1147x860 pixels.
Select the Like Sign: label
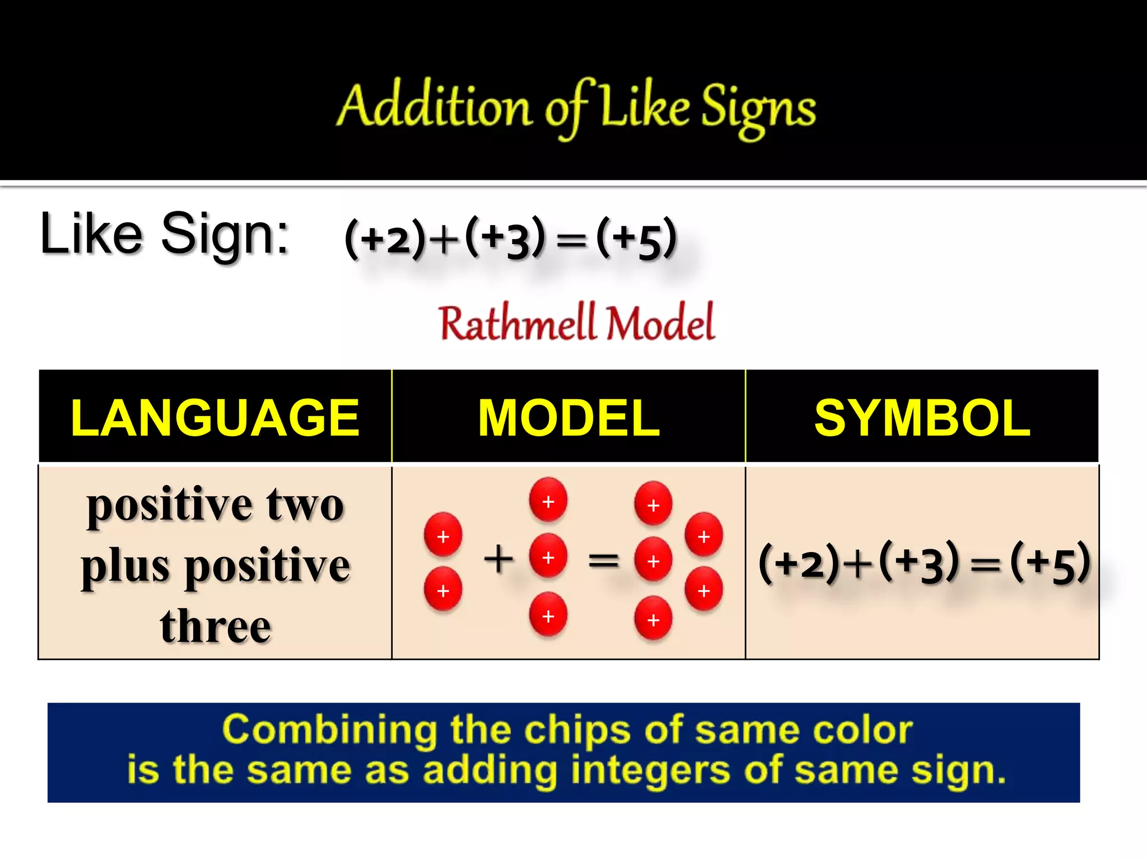pyautogui.click(x=164, y=234)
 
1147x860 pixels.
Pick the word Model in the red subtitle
pyautogui.click(x=661, y=324)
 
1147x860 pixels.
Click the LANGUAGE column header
pyautogui.click(x=215, y=418)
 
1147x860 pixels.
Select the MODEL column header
pyautogui.click(x=568, y=418)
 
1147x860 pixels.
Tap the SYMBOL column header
pyautogui.click(x=922, y=418)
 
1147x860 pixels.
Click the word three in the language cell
pyautogui.click(x=215, y=625)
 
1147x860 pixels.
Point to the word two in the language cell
pyautogui.click(x=305, y=504)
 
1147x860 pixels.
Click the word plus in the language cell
pyautogui.click(x=125, y=565)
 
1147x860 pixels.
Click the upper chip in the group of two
pyautogui.click(x=443, y=535)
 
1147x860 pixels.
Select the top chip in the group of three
pyautogui.click(x=548, y=500)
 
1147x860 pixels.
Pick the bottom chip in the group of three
pyautogui.click(x=548, y=615)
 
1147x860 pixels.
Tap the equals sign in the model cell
pyautogui.click(x=603, y=560)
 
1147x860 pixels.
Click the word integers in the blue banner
pyautogui.click(x=650, y=770)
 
